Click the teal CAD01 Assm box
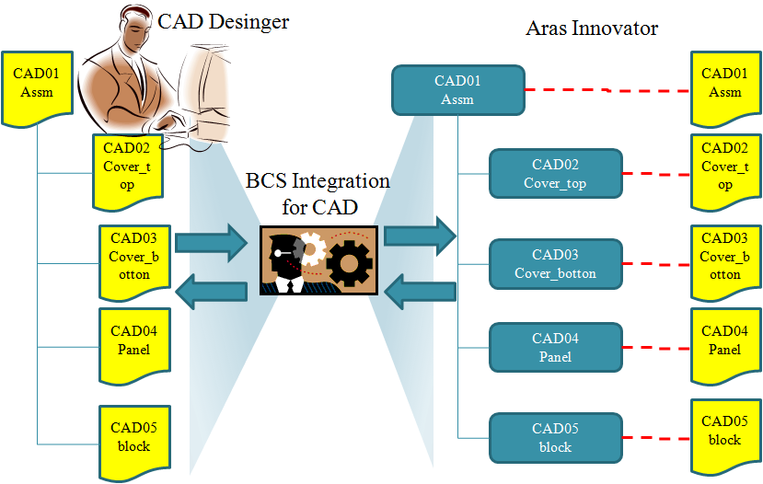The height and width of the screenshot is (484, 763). (458, 90)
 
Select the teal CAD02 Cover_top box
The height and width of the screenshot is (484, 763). (555, 174)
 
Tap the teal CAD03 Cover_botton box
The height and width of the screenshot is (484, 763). (555, 264)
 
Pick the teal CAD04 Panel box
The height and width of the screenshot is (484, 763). (555, 347)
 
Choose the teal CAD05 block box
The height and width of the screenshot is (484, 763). (555, 438)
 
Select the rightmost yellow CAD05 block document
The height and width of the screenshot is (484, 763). (725, 436)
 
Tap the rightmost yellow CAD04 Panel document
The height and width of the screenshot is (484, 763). (725, 345)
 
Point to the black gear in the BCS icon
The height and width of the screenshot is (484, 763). (349, 263)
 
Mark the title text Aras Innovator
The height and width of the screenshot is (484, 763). (592, 29)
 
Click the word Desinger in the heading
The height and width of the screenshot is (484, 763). (249, 22)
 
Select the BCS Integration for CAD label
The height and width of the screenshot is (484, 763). (318, 193)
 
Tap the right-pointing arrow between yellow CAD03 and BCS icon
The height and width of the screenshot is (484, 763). (211, 242)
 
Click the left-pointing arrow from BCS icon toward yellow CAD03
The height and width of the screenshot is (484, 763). (211, 291)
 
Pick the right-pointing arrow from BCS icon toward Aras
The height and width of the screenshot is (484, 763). (421, 236)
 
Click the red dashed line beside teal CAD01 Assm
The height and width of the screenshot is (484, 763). (607, 90)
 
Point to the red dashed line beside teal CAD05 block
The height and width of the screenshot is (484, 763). (656, 438)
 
